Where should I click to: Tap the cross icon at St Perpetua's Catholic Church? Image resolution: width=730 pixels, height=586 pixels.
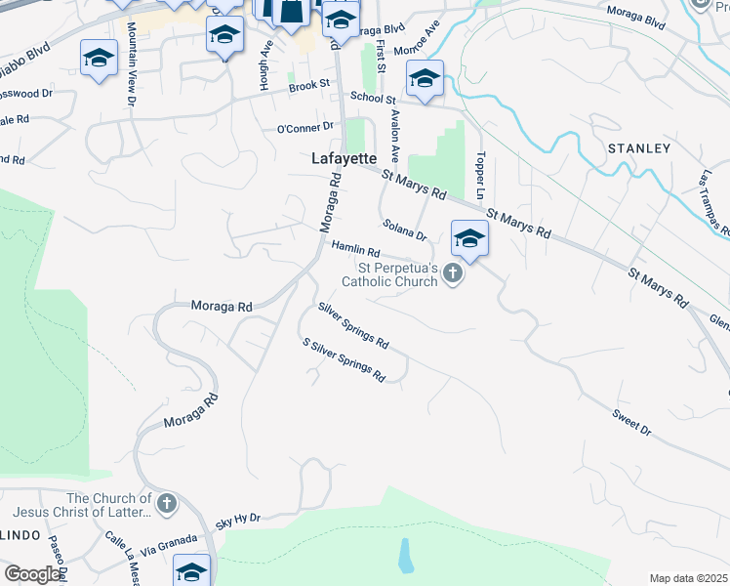pyautogui.click(x=452, y=274)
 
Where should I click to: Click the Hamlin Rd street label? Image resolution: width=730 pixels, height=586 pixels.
pyautogui.click(x=355, y=250)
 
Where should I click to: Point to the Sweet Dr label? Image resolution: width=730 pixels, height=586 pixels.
pyautogui.click(x=631, y=421)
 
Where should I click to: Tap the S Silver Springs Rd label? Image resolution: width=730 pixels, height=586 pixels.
pyautogui.click(x=344, y=360)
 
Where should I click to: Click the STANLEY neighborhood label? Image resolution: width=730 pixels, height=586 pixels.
pyautogui.click(x=639, y=148)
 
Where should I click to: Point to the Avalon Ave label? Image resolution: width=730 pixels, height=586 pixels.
pyautogui.click(x=394, y=135)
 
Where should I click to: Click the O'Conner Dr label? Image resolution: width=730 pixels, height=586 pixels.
pyautogui.click(x=305, y=128)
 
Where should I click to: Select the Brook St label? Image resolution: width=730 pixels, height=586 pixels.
pyautogui.click(x=308, y=86)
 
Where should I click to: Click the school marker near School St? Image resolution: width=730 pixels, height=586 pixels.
pyautogui.click(x=425, y=80)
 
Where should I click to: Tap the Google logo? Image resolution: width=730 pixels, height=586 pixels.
pyautogui.click(x=32, y=574)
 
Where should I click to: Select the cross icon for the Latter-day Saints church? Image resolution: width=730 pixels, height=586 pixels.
pyautogui.click(x=167, y=504)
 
